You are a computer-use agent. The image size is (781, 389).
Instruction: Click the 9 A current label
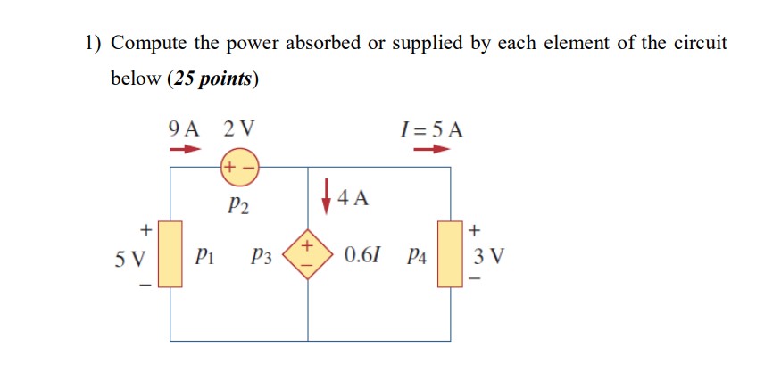click(184, 128)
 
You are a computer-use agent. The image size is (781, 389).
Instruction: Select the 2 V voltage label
click(238, 128)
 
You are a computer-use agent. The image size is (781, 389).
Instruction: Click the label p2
click(238, 207)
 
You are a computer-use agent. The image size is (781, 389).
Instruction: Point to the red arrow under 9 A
click(183, 149)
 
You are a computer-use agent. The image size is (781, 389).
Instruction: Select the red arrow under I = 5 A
click(431, 149)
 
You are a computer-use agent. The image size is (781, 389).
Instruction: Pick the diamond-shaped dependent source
click(308, 254)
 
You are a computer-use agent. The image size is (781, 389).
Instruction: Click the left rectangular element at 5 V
click(170, 254)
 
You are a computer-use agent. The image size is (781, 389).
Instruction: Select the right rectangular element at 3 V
click(450, 254)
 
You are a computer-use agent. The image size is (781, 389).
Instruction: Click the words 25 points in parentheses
click(212, 79)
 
